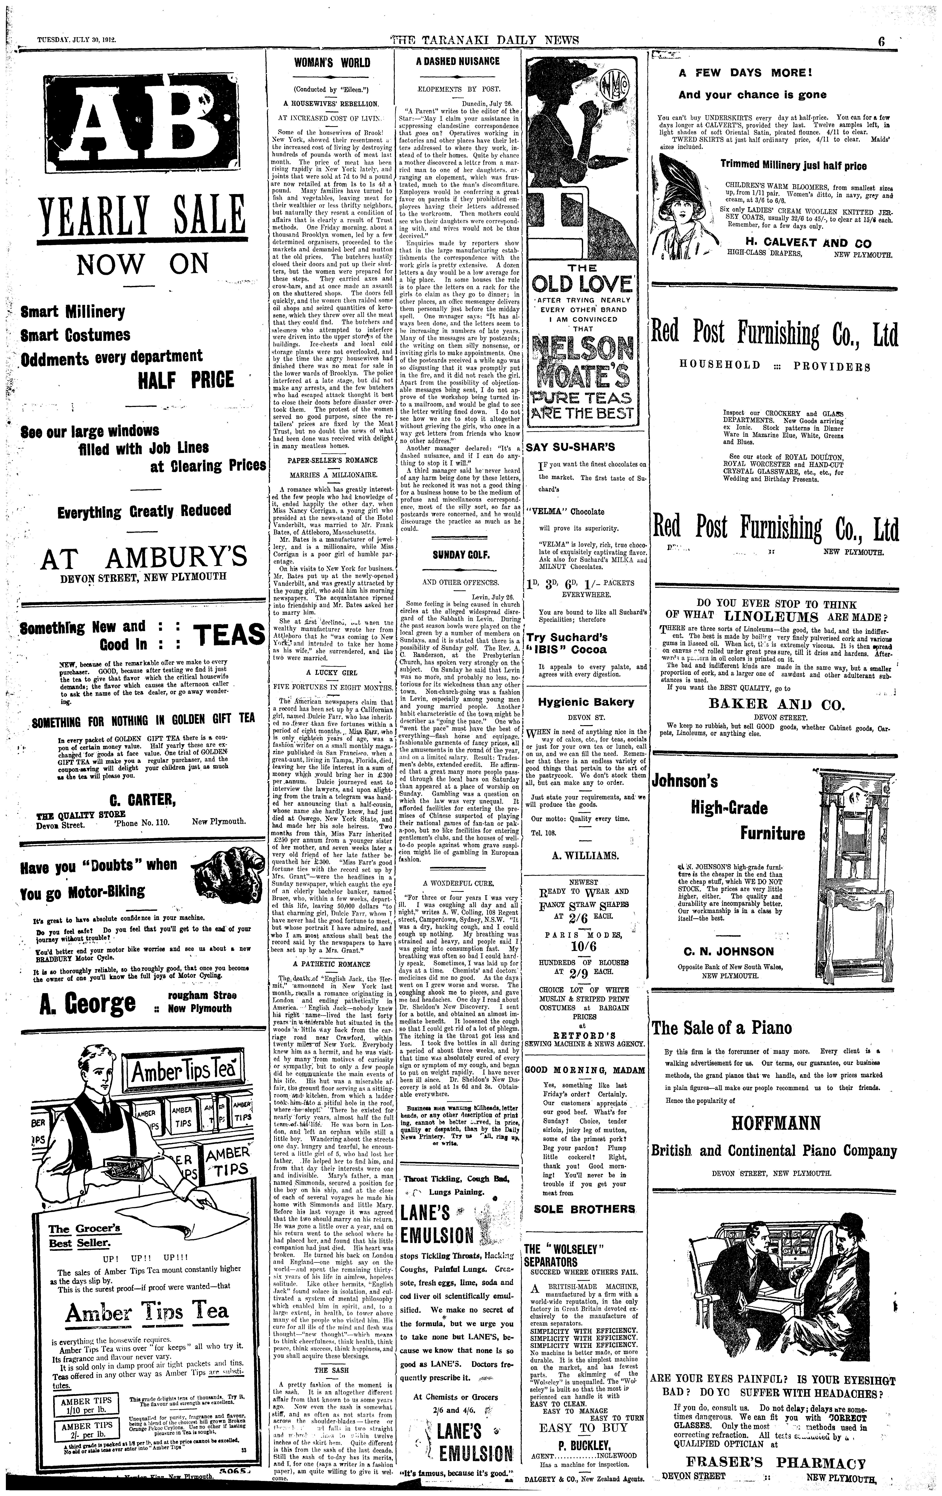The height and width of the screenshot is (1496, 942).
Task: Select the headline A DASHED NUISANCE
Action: (457, 61)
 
